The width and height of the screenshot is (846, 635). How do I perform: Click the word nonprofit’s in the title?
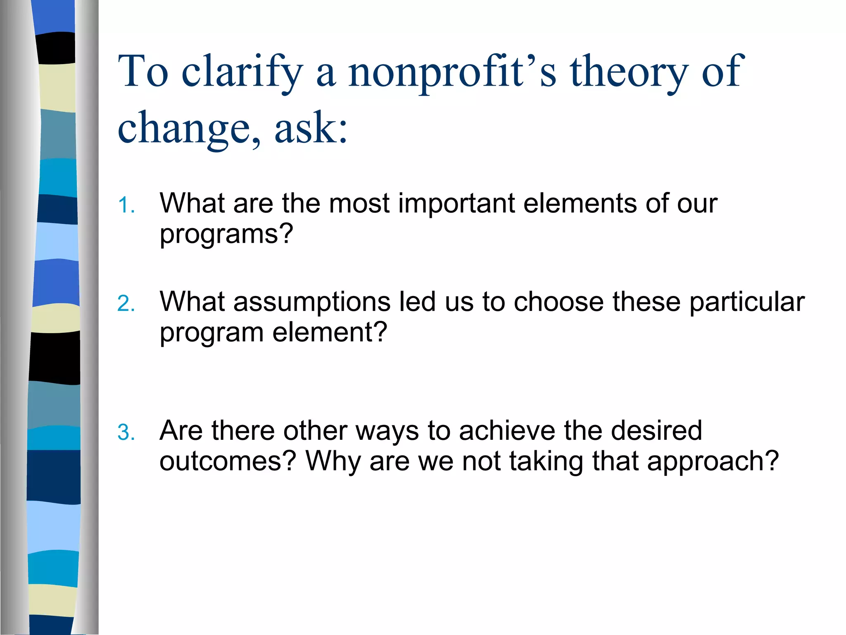pyautogui.click(x=452, y=72)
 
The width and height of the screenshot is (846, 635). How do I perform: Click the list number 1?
pyautogui.click(x=126, y=205)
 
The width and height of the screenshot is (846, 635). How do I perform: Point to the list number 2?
pyautogui.click(x=126, y=304)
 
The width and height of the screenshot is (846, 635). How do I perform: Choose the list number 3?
pyautogui.click(x=126, y=433)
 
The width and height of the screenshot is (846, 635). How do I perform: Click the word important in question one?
pyautogui.click(x=456, y=203)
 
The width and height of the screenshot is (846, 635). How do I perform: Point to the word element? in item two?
pyautogui.click(x=330, y=332)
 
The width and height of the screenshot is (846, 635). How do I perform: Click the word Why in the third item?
pyautogui.click(x=333, y=461)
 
